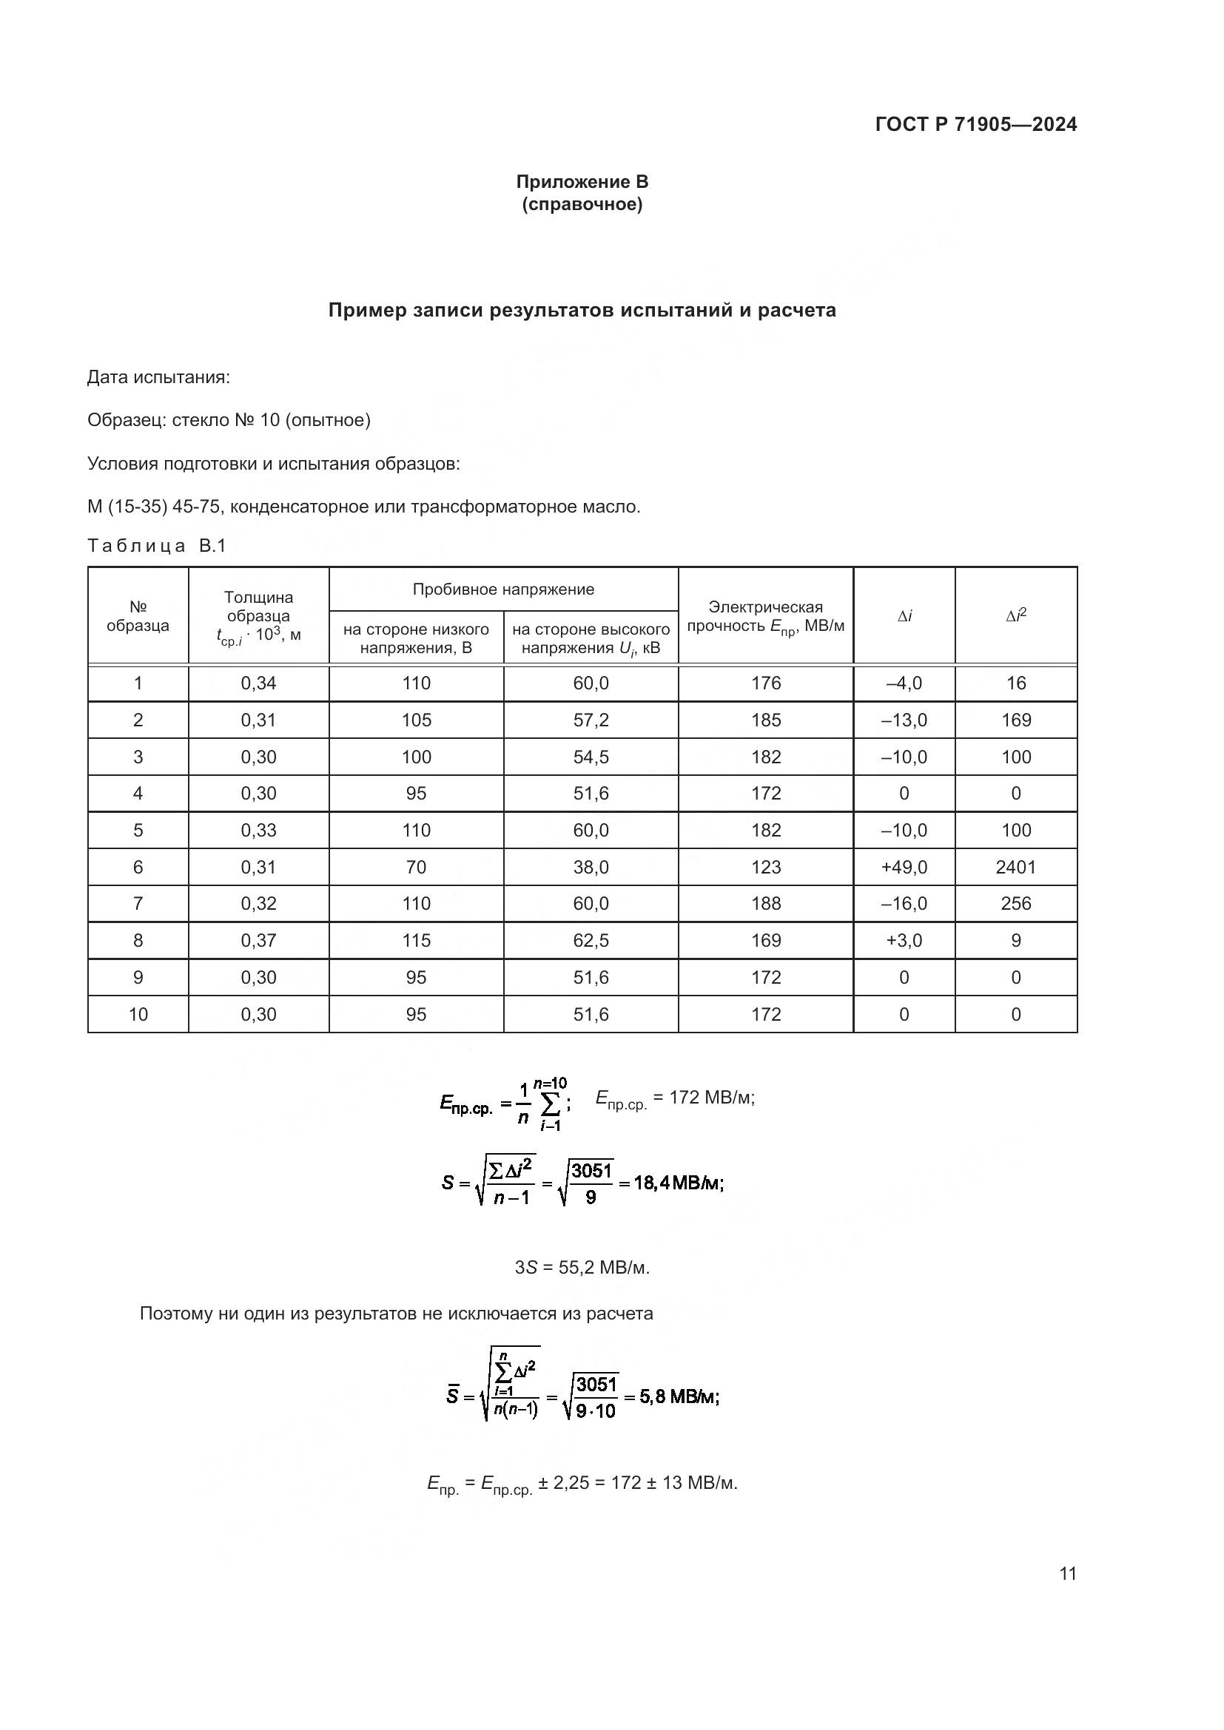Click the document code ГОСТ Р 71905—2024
click(x=975, y=124)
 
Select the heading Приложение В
click(x=582, y=182)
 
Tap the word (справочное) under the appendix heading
click(x=582, y=204)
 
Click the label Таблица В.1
click(x=157, y=546)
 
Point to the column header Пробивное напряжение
click(x=502, y=589)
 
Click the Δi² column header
click(x=1015, y=615)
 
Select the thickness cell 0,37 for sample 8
click(x=258, y=940)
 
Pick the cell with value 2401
click(x=1015, y=868)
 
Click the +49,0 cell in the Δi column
click(x=904, y=868)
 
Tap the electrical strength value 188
click(x=766, y=903)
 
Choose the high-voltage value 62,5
click(x=591, y=940)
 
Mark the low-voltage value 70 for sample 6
click(x=416, y=868)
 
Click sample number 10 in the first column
click(x=138, y=1014)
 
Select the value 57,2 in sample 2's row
click(x=591, y=720)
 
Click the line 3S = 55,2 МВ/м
click(x=582, y=1268)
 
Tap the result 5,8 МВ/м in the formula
click(x=679, y=1397)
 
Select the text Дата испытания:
click(x=158, y=376)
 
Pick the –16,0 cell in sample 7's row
click(x=904, y=903)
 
